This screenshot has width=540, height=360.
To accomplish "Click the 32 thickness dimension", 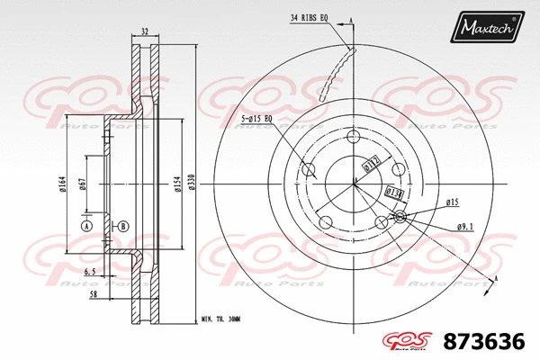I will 145,31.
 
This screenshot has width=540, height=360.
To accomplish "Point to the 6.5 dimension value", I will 92,271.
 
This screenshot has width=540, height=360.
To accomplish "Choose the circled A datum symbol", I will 86,226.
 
